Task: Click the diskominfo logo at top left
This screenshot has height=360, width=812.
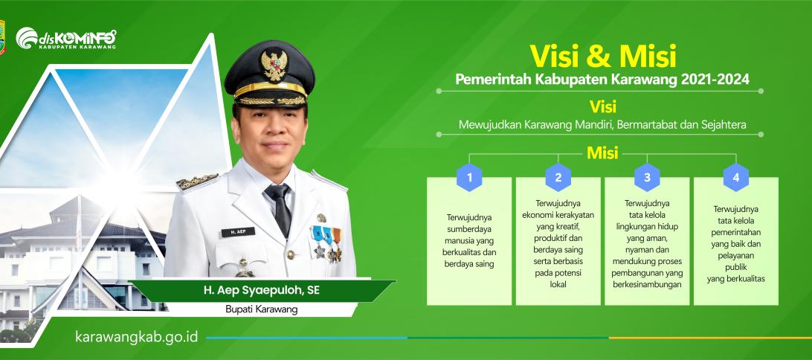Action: [65, 39]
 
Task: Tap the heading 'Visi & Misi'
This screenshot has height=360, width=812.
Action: [602, 57]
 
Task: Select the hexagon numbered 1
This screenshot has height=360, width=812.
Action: [469, 178]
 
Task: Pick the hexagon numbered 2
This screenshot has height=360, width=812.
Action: [558, 178]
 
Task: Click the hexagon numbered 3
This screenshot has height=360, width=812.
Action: [647, 178]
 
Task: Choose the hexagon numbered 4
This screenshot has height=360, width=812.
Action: [736, 178]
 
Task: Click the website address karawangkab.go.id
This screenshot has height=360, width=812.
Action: [137, 337]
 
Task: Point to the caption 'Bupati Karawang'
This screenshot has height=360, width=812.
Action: [262, 309]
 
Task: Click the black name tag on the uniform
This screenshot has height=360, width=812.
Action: [238, 232]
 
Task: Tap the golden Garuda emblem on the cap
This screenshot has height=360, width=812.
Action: [274, 65]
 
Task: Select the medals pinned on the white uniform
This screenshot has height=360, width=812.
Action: [326, 243]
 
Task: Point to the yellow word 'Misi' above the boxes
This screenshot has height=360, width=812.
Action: [602, 153]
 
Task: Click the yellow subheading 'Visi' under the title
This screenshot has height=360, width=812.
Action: [603, 106]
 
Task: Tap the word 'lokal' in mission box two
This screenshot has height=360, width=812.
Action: [558, 284]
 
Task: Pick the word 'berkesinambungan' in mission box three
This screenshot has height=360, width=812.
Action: [647, 284]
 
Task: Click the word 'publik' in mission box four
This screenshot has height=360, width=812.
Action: [736, 267]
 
